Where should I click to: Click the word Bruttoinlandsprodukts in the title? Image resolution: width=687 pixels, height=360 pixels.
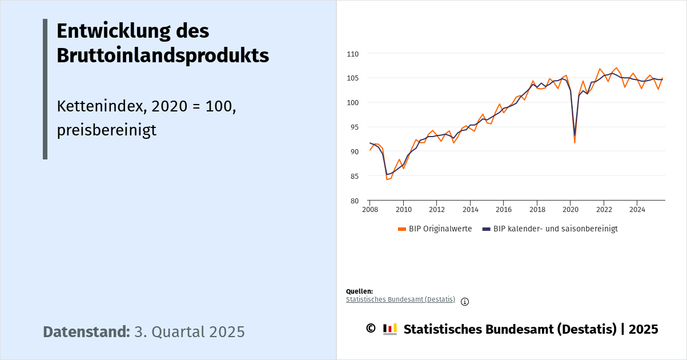point(163,55)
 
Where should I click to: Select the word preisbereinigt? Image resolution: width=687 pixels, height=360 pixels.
point(106,130)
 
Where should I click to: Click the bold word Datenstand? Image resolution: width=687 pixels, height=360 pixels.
point(86,332)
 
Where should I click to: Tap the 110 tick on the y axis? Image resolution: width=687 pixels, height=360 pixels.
point(352,54)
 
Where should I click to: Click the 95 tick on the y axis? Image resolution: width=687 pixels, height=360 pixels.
point(354,127)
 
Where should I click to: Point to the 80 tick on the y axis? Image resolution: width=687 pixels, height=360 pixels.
point(354,201)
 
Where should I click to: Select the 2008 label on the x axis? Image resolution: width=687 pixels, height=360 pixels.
point(370,209)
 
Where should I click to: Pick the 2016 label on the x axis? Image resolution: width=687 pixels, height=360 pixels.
point(503,209)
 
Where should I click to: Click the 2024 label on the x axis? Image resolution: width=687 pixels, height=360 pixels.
point(637,209)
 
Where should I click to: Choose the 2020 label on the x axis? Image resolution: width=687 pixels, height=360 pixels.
point(570,209)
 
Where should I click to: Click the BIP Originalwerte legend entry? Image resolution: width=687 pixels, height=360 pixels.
point(435,229)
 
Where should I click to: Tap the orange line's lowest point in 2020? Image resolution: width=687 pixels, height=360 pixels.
point(574,142)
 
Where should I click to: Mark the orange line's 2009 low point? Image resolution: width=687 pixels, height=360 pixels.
point(387,179)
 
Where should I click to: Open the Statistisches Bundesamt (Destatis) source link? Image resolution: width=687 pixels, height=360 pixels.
point(400,299)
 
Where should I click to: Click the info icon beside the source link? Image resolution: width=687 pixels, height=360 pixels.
point(465,302)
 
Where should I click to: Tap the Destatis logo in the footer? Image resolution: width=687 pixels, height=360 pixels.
point(390,329)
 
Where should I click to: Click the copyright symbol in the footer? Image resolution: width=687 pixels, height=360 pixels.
point(371,329)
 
